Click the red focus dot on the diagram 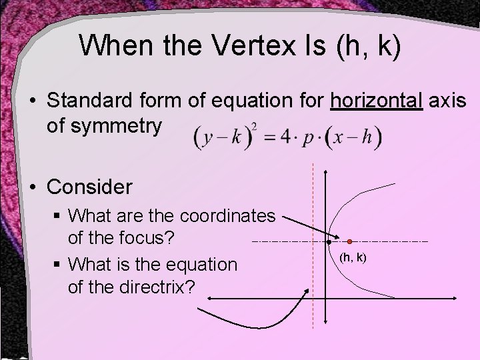349,240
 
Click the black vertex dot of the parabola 329,242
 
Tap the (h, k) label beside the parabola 353,257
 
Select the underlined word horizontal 377,101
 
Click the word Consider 90,187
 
